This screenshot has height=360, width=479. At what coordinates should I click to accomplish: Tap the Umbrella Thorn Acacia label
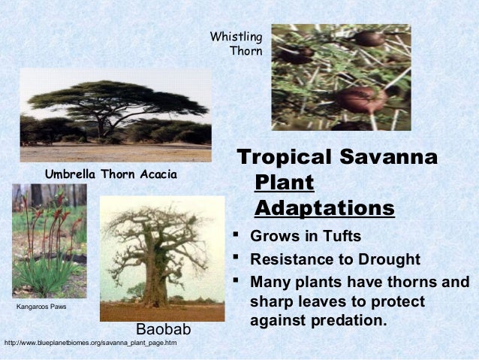click(x=111, y=175)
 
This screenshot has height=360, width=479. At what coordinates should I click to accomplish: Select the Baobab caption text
click(x=164, y=330)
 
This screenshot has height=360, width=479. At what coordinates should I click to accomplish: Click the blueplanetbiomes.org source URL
click(x=90, y=343)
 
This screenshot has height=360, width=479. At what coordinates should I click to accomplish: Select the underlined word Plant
click(x=285, y=183)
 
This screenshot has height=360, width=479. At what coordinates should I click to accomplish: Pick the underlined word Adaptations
click(x=324, y=207)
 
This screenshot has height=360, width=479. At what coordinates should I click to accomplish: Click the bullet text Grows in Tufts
click(x=306, y=237)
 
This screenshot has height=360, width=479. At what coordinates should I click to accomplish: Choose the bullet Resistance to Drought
click(x=335, y=260)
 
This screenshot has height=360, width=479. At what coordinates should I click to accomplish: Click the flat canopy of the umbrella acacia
click(x=113, y=94)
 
